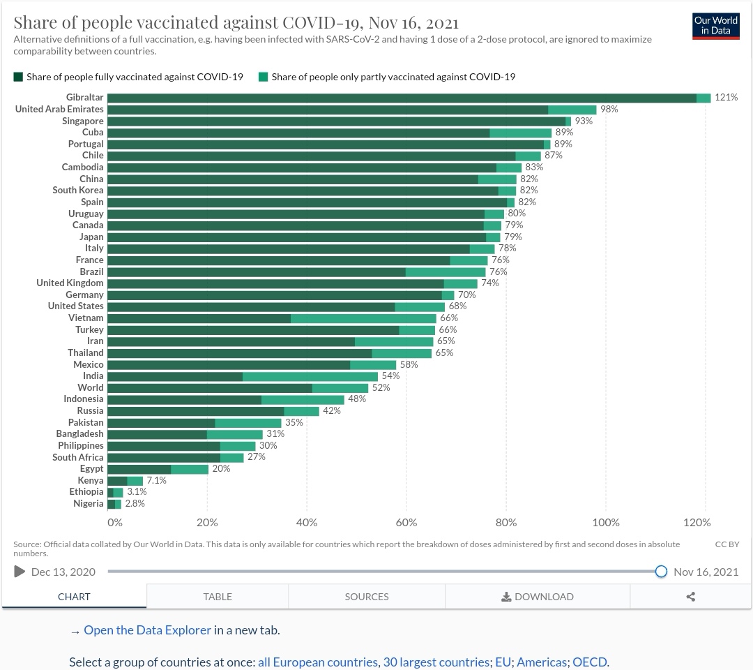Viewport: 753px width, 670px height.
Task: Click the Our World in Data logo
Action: pos(716,26)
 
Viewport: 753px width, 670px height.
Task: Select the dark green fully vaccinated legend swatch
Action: pos(18,77)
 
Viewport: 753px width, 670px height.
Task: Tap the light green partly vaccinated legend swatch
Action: pos(263,77)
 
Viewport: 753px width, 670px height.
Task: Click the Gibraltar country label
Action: pos(84,98)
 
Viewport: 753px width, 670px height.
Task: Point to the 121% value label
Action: pos(726,98)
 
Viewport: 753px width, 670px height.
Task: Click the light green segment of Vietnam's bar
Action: pos(363,318)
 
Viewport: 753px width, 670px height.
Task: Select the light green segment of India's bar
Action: pos(310,376)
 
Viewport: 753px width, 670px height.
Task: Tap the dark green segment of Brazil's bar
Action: pos(257,271)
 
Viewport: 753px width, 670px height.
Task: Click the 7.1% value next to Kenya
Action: pos(155,480)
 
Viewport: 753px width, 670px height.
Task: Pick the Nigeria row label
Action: pos(88,503)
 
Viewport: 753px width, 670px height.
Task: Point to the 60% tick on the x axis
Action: pos(406,522)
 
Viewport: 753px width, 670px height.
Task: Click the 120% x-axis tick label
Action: pos(697,522)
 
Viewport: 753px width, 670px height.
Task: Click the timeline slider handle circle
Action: pos(661,572)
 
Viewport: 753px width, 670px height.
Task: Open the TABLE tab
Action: pos(218,597)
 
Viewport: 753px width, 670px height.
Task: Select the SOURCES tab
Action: pos(366,597)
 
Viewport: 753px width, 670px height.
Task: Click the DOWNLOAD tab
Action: pos(537,597)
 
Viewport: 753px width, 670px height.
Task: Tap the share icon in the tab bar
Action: pos(691,597)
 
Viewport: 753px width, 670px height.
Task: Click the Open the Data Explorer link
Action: pos(147,630)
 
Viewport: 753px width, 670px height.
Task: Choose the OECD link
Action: pos(589,662)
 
